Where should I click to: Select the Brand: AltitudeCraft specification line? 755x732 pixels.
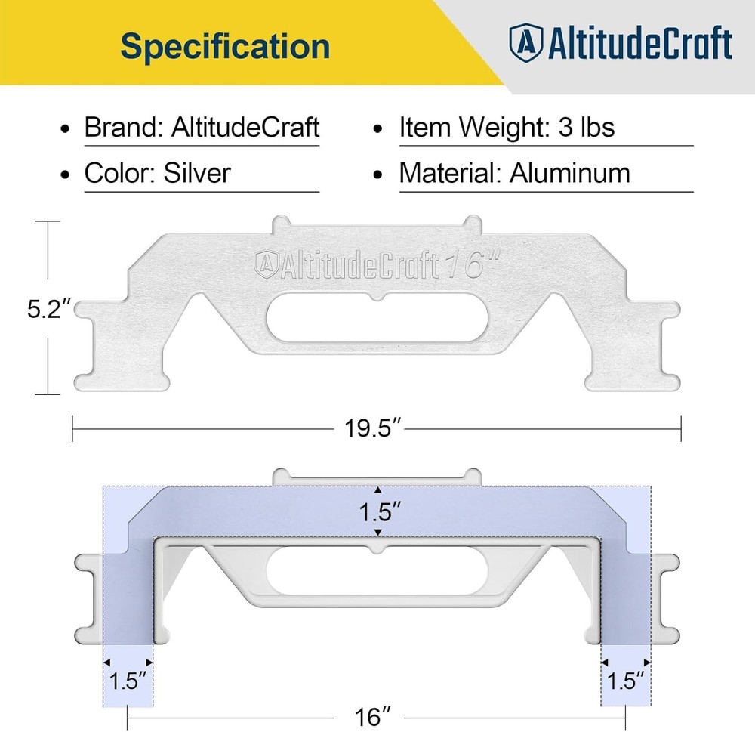coord(202,127)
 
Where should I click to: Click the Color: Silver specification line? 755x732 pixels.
coord(157,173)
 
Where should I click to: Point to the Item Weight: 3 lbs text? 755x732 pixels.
coord(507,127)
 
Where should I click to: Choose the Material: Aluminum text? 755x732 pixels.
coord(514,173)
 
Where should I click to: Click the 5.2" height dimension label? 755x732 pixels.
coord(50,310)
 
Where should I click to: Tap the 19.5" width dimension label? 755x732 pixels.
coord(372,428)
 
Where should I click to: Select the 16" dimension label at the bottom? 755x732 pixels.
coord(375,715)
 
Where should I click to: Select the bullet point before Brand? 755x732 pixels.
coord(67,128)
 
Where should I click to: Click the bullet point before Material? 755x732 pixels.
coord(381,175)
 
